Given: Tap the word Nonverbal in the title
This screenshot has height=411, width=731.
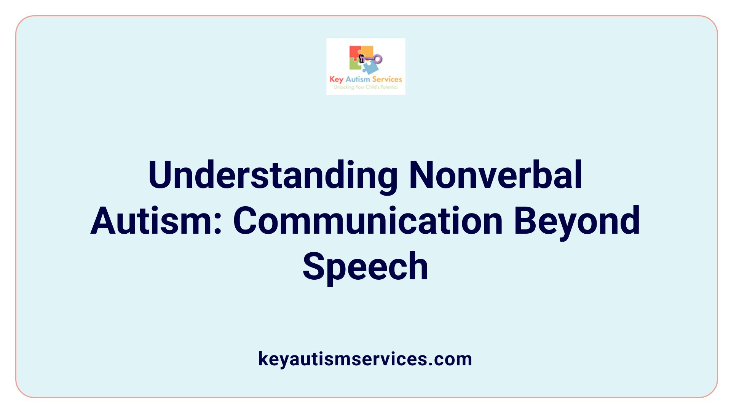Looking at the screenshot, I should click(x=495, y=175).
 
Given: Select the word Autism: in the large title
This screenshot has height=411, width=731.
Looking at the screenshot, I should click(x=156, y=221).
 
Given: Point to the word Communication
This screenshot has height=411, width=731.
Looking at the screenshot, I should click(x=368, y=221).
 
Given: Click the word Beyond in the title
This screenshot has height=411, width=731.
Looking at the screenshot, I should click(x=577, y=221).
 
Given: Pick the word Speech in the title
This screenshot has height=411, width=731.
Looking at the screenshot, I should click(x=365, y=266).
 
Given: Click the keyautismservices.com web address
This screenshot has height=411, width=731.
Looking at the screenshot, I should click(x=365, y=359).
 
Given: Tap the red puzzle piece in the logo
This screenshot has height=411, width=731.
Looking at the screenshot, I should click(x=355, y=53).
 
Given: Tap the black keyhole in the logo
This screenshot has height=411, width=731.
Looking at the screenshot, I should click(x=362, y=58).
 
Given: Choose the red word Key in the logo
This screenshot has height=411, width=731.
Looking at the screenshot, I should click(x=337, y=80).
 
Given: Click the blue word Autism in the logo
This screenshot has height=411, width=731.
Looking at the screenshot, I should click(x=358, y=79).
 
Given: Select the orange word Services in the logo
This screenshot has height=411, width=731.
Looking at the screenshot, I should click(x=387, y=79).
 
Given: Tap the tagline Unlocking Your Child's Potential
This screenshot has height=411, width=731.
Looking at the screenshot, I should click(x=365, y=87).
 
